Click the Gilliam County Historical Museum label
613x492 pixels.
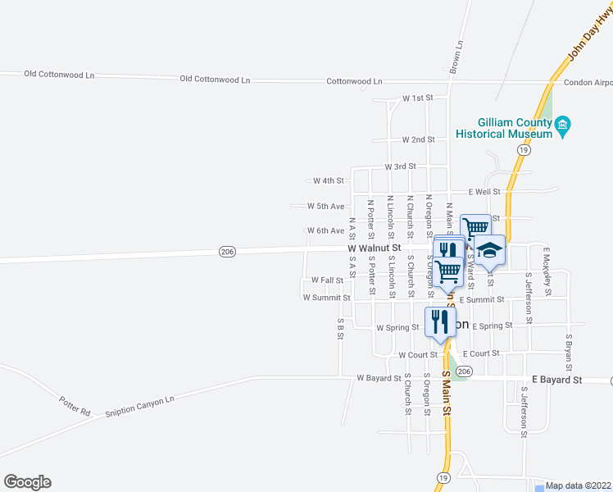click(503, 128)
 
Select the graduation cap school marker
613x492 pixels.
click(490, 249)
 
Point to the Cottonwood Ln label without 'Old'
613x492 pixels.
click(354, 82)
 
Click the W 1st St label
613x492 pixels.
click(417, 98)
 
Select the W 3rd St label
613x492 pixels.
click(401, 166)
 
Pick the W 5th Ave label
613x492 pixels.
click(325, 206)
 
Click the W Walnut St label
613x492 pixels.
click(374, 248)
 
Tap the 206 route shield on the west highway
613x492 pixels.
click(228, 252)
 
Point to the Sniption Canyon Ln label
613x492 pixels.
click(140, 408)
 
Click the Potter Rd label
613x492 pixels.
click(75, 405)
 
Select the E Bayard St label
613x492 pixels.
click(556, 380)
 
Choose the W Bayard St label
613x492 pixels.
click(379, 379)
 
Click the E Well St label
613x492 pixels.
click(484, 192)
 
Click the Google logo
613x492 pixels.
click(27, 482)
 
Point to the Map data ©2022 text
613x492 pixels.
click(579, 485)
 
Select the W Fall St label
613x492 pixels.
click(327, 280)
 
